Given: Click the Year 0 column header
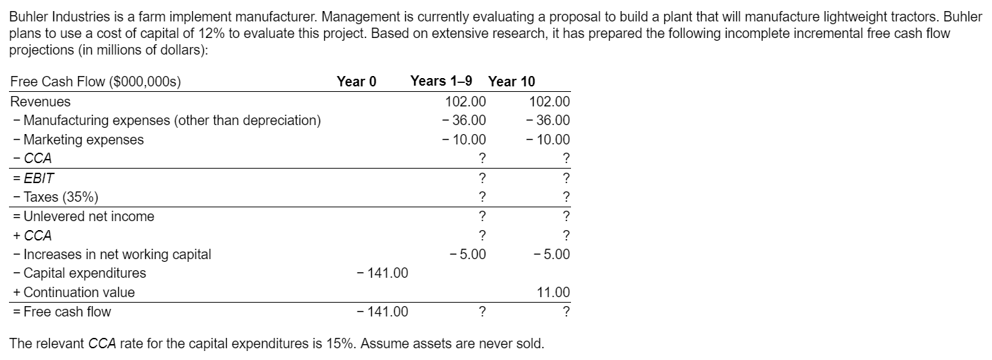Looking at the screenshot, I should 356,82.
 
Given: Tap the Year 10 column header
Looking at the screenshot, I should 511,82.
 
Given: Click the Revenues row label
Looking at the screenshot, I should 40,102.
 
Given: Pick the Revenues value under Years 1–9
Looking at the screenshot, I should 467,102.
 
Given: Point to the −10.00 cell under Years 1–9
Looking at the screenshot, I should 465,140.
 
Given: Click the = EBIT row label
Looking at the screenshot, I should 32,178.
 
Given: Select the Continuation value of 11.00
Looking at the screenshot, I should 554,292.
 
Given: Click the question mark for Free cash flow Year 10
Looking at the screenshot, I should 566,312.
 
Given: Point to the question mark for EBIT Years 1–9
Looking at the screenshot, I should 482,178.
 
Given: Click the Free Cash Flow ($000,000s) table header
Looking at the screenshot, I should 95,82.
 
